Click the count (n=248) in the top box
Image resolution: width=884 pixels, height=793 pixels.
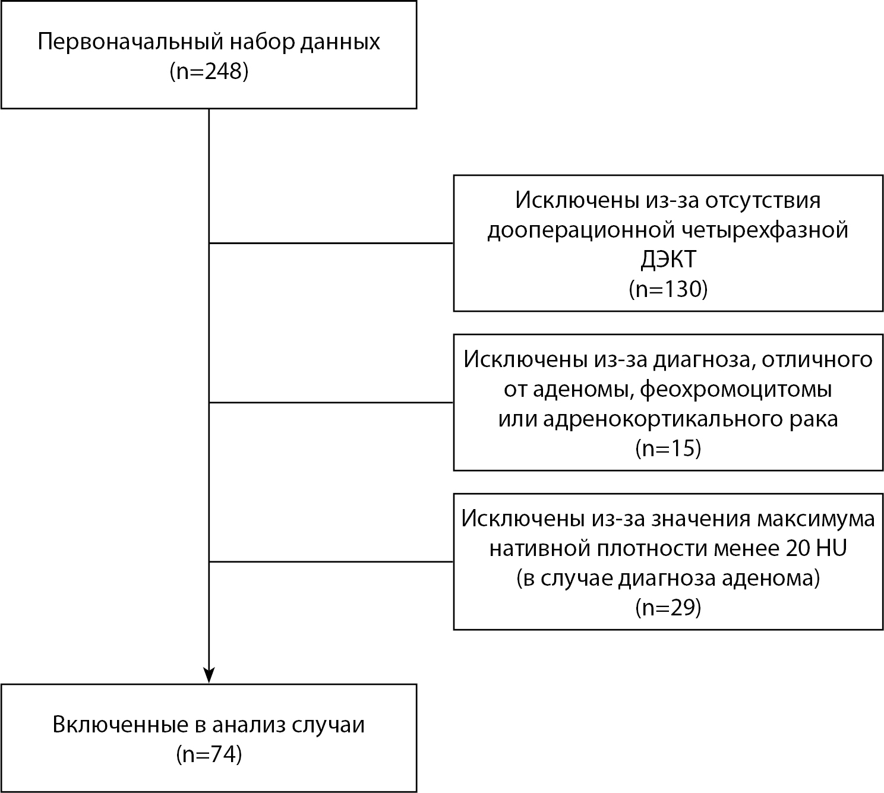tap(209, 71)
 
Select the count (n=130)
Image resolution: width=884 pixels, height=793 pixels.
tap(668, 289)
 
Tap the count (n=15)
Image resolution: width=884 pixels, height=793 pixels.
tap(668, 448)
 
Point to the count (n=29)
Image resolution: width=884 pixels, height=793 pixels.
tap(668, 607)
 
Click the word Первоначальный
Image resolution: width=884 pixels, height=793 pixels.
tap(130, 42)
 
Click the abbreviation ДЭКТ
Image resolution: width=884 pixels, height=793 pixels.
tap(668, 259)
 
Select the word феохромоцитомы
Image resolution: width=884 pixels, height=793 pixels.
tap(735, 388)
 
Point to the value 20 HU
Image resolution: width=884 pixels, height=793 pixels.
tap(816, 548)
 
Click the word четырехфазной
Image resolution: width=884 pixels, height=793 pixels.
tap(765, 230)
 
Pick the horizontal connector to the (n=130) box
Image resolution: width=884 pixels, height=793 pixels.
tap(331, 243)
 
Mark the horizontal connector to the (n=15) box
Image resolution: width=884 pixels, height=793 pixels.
tap(331, 402)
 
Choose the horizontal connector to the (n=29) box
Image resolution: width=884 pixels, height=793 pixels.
tap(331, 561)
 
